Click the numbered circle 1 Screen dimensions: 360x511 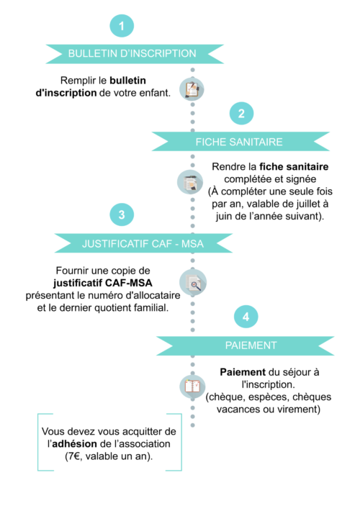tap(122, 26)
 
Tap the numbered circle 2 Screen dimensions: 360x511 tap(241, 114)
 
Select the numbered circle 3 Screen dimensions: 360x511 tap(122, 214)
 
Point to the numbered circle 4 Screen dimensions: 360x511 tap(246, 317)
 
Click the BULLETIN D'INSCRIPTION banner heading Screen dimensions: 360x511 tap(132, 53)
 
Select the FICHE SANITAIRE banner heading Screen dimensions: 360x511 tap(239, 142)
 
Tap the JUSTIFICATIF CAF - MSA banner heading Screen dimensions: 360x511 tap(143, 243)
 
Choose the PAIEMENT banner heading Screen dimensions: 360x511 tap(251, 345)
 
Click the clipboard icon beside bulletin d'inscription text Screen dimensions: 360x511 tap(192, 89)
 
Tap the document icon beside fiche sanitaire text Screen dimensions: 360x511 tap(190, 182)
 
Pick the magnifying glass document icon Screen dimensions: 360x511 tap(193, 282)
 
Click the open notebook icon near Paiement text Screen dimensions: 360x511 tap(192, 386)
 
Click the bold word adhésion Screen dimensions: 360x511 tap(75, 444)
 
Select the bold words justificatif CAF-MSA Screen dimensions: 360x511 tap(103, 283)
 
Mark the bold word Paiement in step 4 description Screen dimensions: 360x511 tap(243, 372)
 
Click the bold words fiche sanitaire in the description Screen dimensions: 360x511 tap(294, 167)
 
